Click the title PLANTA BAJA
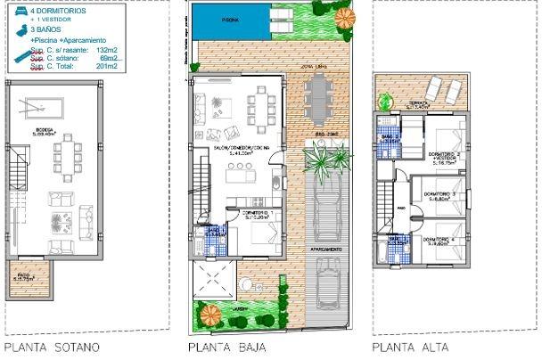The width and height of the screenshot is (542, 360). (227, 348)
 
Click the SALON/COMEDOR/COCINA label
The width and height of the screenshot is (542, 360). (235, 148)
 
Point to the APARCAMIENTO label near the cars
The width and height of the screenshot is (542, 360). (324, 250)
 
